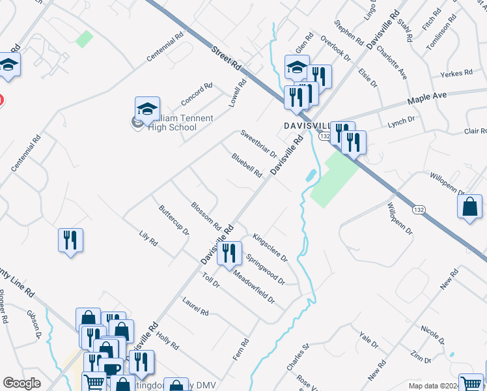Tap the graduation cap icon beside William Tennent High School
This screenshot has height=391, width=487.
(148, 109)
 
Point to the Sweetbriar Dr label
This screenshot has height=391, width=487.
(258, 144)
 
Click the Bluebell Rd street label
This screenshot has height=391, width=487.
(247, 166)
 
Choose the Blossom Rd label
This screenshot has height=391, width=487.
(206, 216)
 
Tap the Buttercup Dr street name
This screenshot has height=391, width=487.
(174, 220)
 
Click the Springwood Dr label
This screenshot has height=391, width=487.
(265, 269)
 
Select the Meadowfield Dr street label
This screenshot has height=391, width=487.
(255, 287)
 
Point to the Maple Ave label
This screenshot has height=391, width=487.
(427, 98)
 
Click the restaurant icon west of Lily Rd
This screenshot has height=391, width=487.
(70, 240)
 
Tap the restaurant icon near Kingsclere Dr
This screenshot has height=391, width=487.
(229, 253)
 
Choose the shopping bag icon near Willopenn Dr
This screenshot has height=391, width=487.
(470, 207)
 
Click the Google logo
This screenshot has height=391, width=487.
(21, 383)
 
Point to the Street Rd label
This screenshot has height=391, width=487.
(227, 59)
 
